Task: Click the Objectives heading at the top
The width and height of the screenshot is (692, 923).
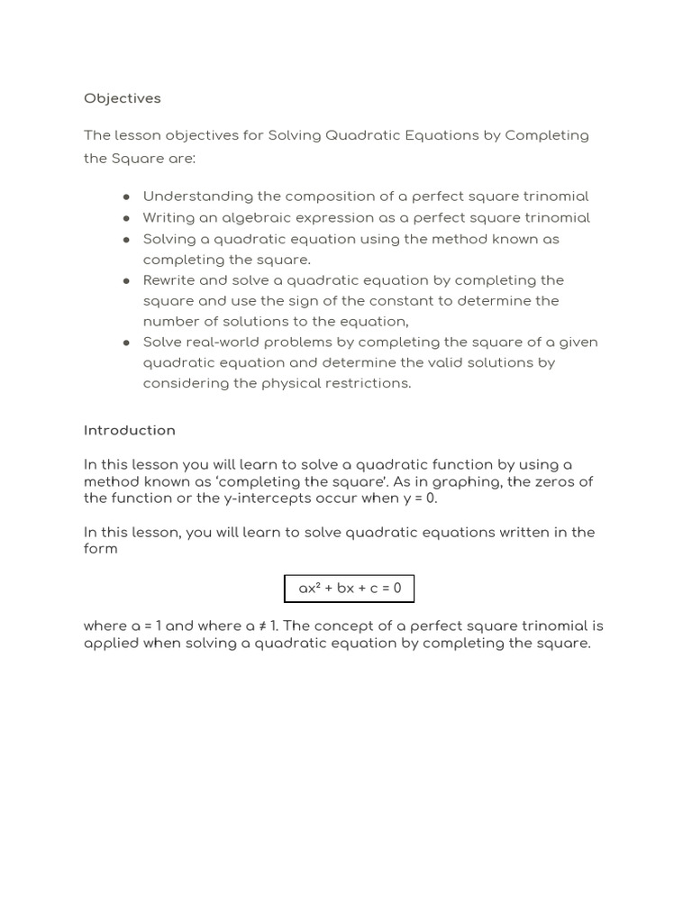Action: click(x=122, y=98)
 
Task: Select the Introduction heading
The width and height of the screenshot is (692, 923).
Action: click(x=129, y=431)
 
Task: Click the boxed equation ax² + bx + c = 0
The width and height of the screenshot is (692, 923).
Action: click(x=350, y=589)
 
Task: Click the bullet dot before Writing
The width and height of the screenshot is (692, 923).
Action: click(x=127, y=218)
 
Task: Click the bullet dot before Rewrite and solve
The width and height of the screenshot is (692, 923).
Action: click(x=127, y=280)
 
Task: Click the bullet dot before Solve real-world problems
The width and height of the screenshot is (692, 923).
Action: click(x=127, y=343)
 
